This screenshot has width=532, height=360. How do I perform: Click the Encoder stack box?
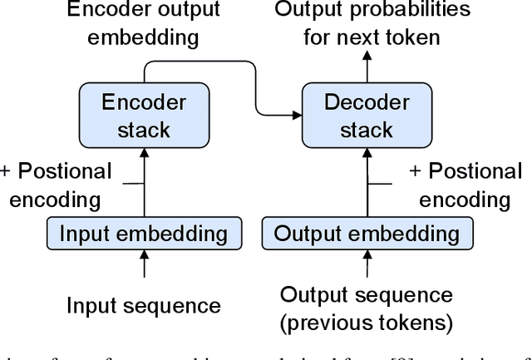point(143,116)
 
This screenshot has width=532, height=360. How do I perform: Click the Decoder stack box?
point(366,116)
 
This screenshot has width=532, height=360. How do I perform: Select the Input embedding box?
point(145,233)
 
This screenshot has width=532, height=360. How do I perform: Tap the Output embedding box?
point(367,233)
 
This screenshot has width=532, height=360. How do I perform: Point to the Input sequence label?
point(144,305)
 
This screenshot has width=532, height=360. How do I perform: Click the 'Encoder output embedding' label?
point(143,23)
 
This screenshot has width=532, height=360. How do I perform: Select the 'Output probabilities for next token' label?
point(372,23)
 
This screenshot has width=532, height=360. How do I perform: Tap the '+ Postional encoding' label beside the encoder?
point(56,185)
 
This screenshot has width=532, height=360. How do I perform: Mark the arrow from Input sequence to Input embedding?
point(145,265)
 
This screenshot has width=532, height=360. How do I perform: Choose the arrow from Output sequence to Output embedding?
point(366,265)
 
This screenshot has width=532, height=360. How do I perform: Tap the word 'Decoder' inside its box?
point(366,102)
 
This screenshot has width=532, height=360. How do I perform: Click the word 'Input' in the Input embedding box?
point(77,233)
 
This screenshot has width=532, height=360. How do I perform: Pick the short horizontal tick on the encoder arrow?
point(133,183)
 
